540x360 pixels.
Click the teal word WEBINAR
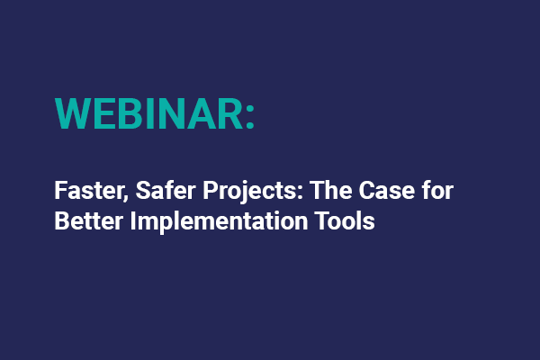click(x=147, y=112)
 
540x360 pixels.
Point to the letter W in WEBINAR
click(x=74, y=112)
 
